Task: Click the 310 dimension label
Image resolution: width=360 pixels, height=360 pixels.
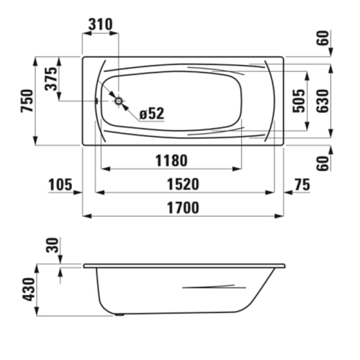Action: [100, 23]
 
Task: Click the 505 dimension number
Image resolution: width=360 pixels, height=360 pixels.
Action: [298, 102]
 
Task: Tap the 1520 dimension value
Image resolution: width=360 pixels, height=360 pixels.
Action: [178, 185]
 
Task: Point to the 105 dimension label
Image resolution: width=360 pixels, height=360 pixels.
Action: [61, 185]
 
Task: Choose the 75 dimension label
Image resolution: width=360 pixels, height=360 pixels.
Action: [302, 185]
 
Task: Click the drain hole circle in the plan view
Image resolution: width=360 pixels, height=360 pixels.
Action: [117, 102]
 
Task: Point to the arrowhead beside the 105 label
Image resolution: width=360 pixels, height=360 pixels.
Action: [79, 193]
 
